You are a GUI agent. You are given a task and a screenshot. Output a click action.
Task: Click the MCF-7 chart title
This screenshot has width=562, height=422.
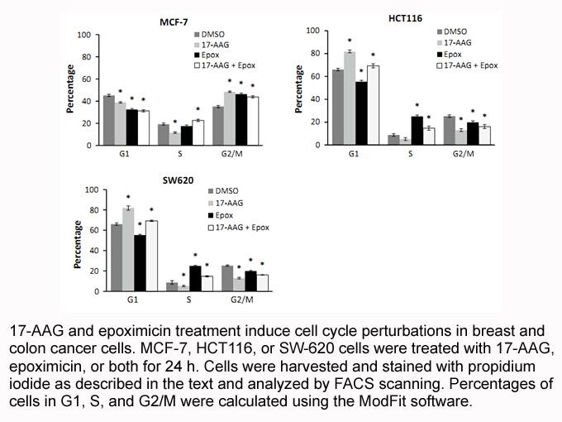[x=174, y=22]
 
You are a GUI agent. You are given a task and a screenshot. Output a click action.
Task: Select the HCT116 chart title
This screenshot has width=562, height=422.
[x=405, y=18]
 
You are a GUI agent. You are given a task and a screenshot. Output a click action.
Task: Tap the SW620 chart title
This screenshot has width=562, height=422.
[x=179, y=180]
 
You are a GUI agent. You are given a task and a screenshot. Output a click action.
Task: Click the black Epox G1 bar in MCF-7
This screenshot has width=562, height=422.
[x=132, y=127]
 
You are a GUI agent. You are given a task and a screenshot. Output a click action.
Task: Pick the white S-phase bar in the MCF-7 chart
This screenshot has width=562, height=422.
[x=198, y=132]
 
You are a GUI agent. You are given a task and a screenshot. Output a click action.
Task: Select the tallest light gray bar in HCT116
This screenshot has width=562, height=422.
[x=350, y=98]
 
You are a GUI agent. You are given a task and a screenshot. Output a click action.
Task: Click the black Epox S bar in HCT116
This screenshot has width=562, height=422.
[x=417, y=131]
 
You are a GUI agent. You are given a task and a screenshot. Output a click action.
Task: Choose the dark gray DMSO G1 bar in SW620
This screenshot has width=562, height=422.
[x=117, y=257]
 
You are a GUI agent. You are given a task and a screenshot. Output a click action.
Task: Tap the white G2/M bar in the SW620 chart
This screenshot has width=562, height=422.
[x=262, y=283]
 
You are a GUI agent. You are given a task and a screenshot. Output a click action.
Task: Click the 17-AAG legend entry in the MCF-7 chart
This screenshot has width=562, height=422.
[x=212, y=45]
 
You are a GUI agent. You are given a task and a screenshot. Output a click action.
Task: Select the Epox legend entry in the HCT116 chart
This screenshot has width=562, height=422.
[x=449, y=55]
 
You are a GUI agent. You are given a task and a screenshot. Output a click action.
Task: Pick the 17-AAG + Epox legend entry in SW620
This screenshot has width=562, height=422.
[x=239, y=228]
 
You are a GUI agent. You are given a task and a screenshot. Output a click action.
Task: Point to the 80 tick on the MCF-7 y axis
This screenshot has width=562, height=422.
[x=87, y=57]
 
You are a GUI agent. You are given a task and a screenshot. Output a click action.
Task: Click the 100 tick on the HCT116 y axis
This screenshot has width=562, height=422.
[x=312, y=31]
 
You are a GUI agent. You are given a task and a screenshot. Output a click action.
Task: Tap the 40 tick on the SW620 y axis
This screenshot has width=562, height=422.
[x=94, y=251]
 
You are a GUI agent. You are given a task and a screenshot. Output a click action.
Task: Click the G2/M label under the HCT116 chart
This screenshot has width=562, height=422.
[x=463, y=154]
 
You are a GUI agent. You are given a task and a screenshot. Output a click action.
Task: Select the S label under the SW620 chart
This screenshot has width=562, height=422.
[x=189, y=300]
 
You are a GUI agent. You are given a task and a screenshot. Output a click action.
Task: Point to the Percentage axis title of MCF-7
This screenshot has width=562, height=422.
[x=70, y=89]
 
